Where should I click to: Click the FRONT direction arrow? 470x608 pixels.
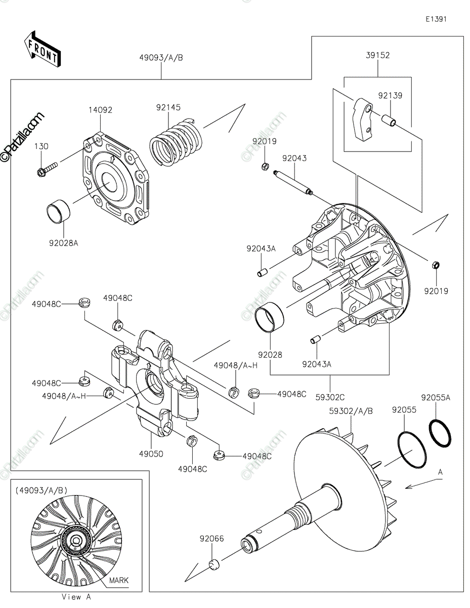pos(42,49)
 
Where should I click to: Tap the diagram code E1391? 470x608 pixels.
pos(436,19)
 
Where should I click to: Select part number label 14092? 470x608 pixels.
pos(100,110)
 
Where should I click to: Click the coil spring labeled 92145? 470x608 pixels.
pos(176,142)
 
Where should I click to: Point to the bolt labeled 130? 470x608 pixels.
pos(47,169)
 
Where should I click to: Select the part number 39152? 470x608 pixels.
pos(378,55)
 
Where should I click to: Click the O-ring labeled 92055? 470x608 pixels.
pos(412,449)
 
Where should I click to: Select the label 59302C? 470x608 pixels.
pos(330,397)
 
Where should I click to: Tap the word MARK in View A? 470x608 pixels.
pos(119,580)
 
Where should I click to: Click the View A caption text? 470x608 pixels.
pos(76,597)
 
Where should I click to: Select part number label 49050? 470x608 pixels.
pos(151,454)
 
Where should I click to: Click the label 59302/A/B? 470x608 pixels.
pos(351,411)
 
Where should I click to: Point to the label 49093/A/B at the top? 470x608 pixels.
pos(161,58)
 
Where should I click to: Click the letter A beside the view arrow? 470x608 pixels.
pos(440,472)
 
